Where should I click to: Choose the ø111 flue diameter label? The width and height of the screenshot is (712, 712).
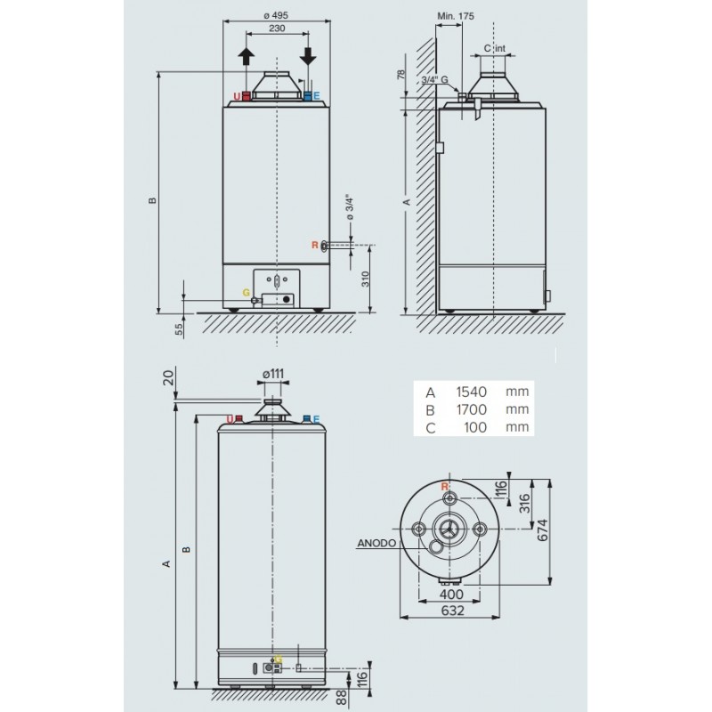[273, 373]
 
